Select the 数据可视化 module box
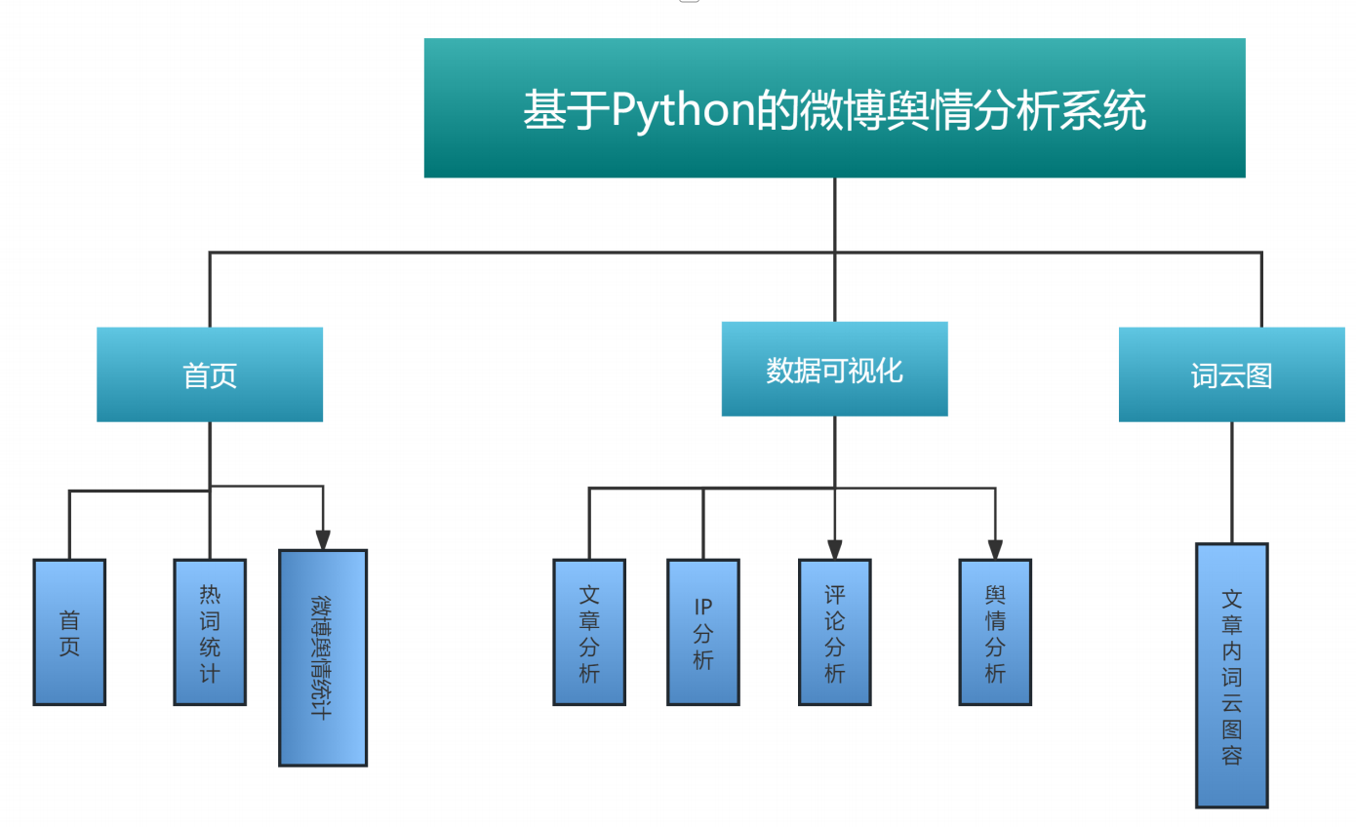(x=834, y=370)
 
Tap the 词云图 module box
(x=1231, y=375)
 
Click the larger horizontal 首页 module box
(x=210, y=375)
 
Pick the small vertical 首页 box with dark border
(x=69, y=632)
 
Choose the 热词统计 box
(x=210, y=632)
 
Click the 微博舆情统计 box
(x=323, y=658)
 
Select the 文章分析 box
(x=589, y=632)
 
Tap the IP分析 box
(x=703, y=632)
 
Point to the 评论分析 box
(x=834, y=632)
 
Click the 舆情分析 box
(x=995, y=632)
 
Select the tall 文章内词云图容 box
(x=1231, y=676)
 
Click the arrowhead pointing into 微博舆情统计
(x=323, y=540)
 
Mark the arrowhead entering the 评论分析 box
(x=834, y=549)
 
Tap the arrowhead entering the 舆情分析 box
(x=995, y=549)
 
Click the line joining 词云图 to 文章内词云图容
(x=1231, y=483)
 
